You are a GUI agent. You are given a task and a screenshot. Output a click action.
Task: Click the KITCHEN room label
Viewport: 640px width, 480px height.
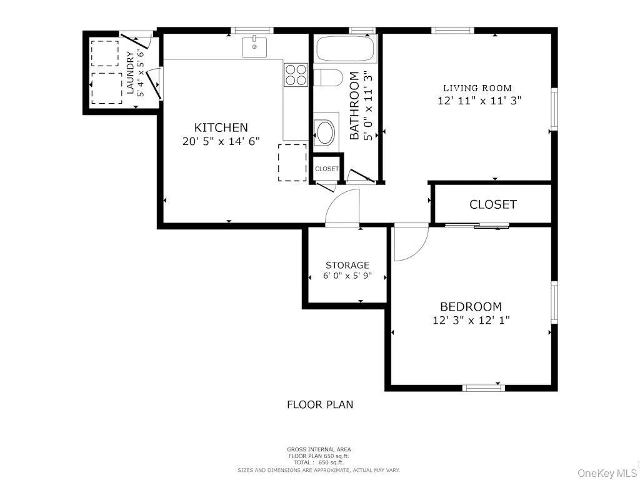click(x=220, y=127)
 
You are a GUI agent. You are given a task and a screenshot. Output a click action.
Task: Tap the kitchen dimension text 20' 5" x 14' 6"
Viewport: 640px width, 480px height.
click(x=220, y=142)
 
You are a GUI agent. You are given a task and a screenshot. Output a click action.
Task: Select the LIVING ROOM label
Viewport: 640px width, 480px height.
click(x=477, y=88)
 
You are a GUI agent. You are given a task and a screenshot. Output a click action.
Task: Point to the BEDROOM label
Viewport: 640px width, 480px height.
click(x=471, y=307)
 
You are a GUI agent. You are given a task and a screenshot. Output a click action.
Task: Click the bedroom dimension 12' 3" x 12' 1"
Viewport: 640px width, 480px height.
click(x=471, y=321)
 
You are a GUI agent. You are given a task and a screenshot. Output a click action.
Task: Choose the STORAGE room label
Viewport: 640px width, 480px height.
click(x=347, y=265)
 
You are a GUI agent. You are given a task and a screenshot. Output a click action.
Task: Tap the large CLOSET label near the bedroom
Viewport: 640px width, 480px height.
click(x=493, y=204)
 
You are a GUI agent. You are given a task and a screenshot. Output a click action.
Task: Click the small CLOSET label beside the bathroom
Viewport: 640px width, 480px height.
click(x=326, y=169)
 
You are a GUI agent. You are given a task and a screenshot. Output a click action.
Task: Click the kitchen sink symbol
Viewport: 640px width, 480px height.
click(x=254, y=47)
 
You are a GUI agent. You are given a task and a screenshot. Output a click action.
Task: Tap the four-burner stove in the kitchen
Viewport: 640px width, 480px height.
click(x=296, y=74)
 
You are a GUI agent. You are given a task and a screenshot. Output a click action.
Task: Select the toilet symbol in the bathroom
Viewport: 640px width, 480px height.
click(x=327, y=78)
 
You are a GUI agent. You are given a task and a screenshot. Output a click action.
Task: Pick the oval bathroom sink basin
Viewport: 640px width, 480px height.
click(x=326, y=131)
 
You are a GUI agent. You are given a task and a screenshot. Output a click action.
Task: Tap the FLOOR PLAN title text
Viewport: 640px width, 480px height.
click(x=320, y=404)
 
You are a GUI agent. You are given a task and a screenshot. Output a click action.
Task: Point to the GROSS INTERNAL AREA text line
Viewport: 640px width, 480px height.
click(x=319, y=449)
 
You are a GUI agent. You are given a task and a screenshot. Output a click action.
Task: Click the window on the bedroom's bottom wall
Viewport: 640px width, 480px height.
click(x=483, y=388)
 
